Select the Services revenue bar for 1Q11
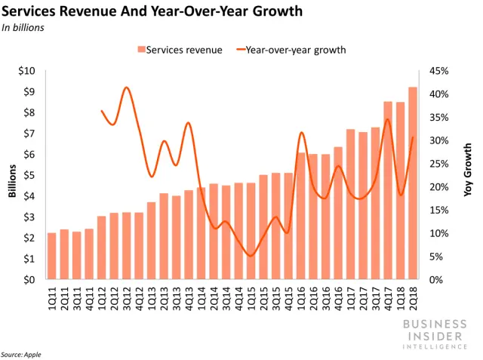pyautogui.click(x=51, y=256)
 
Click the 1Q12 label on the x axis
pyautogui.click(x=101, y=300)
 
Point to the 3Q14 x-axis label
pyautogui.click(x=226, y=300)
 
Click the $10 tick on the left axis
pyautogui.click(x=26, y=71)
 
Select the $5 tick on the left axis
pyautogui.click(x=28, y=175)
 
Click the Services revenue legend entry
pyautogui.click(x=180, y=50)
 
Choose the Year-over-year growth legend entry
pyautogui.click(x=296, y=50)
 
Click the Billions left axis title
pyautogui.click(x=13, y=181)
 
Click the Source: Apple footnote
pyautogui.click(x=21, y=353)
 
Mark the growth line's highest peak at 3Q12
pyautogui.click(x=126, y=88)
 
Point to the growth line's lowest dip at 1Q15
pyautogui.click(x=251, y=256)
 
